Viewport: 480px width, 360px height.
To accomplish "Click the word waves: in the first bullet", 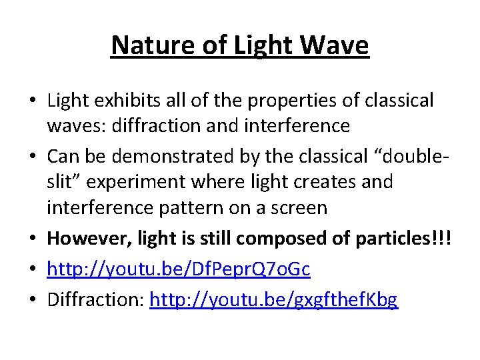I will pyautogui.click(x=72, y=125).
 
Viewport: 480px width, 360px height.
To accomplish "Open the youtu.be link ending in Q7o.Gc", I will pyautogui.click(x=178, y=269).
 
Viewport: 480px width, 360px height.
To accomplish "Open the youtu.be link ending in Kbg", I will pyautogui.click(x=274, y=300).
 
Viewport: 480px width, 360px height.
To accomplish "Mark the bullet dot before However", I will pyautogui.click(x=32, y=239).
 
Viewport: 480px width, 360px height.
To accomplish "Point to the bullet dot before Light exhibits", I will pyautogui.click(x=32, y=101).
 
